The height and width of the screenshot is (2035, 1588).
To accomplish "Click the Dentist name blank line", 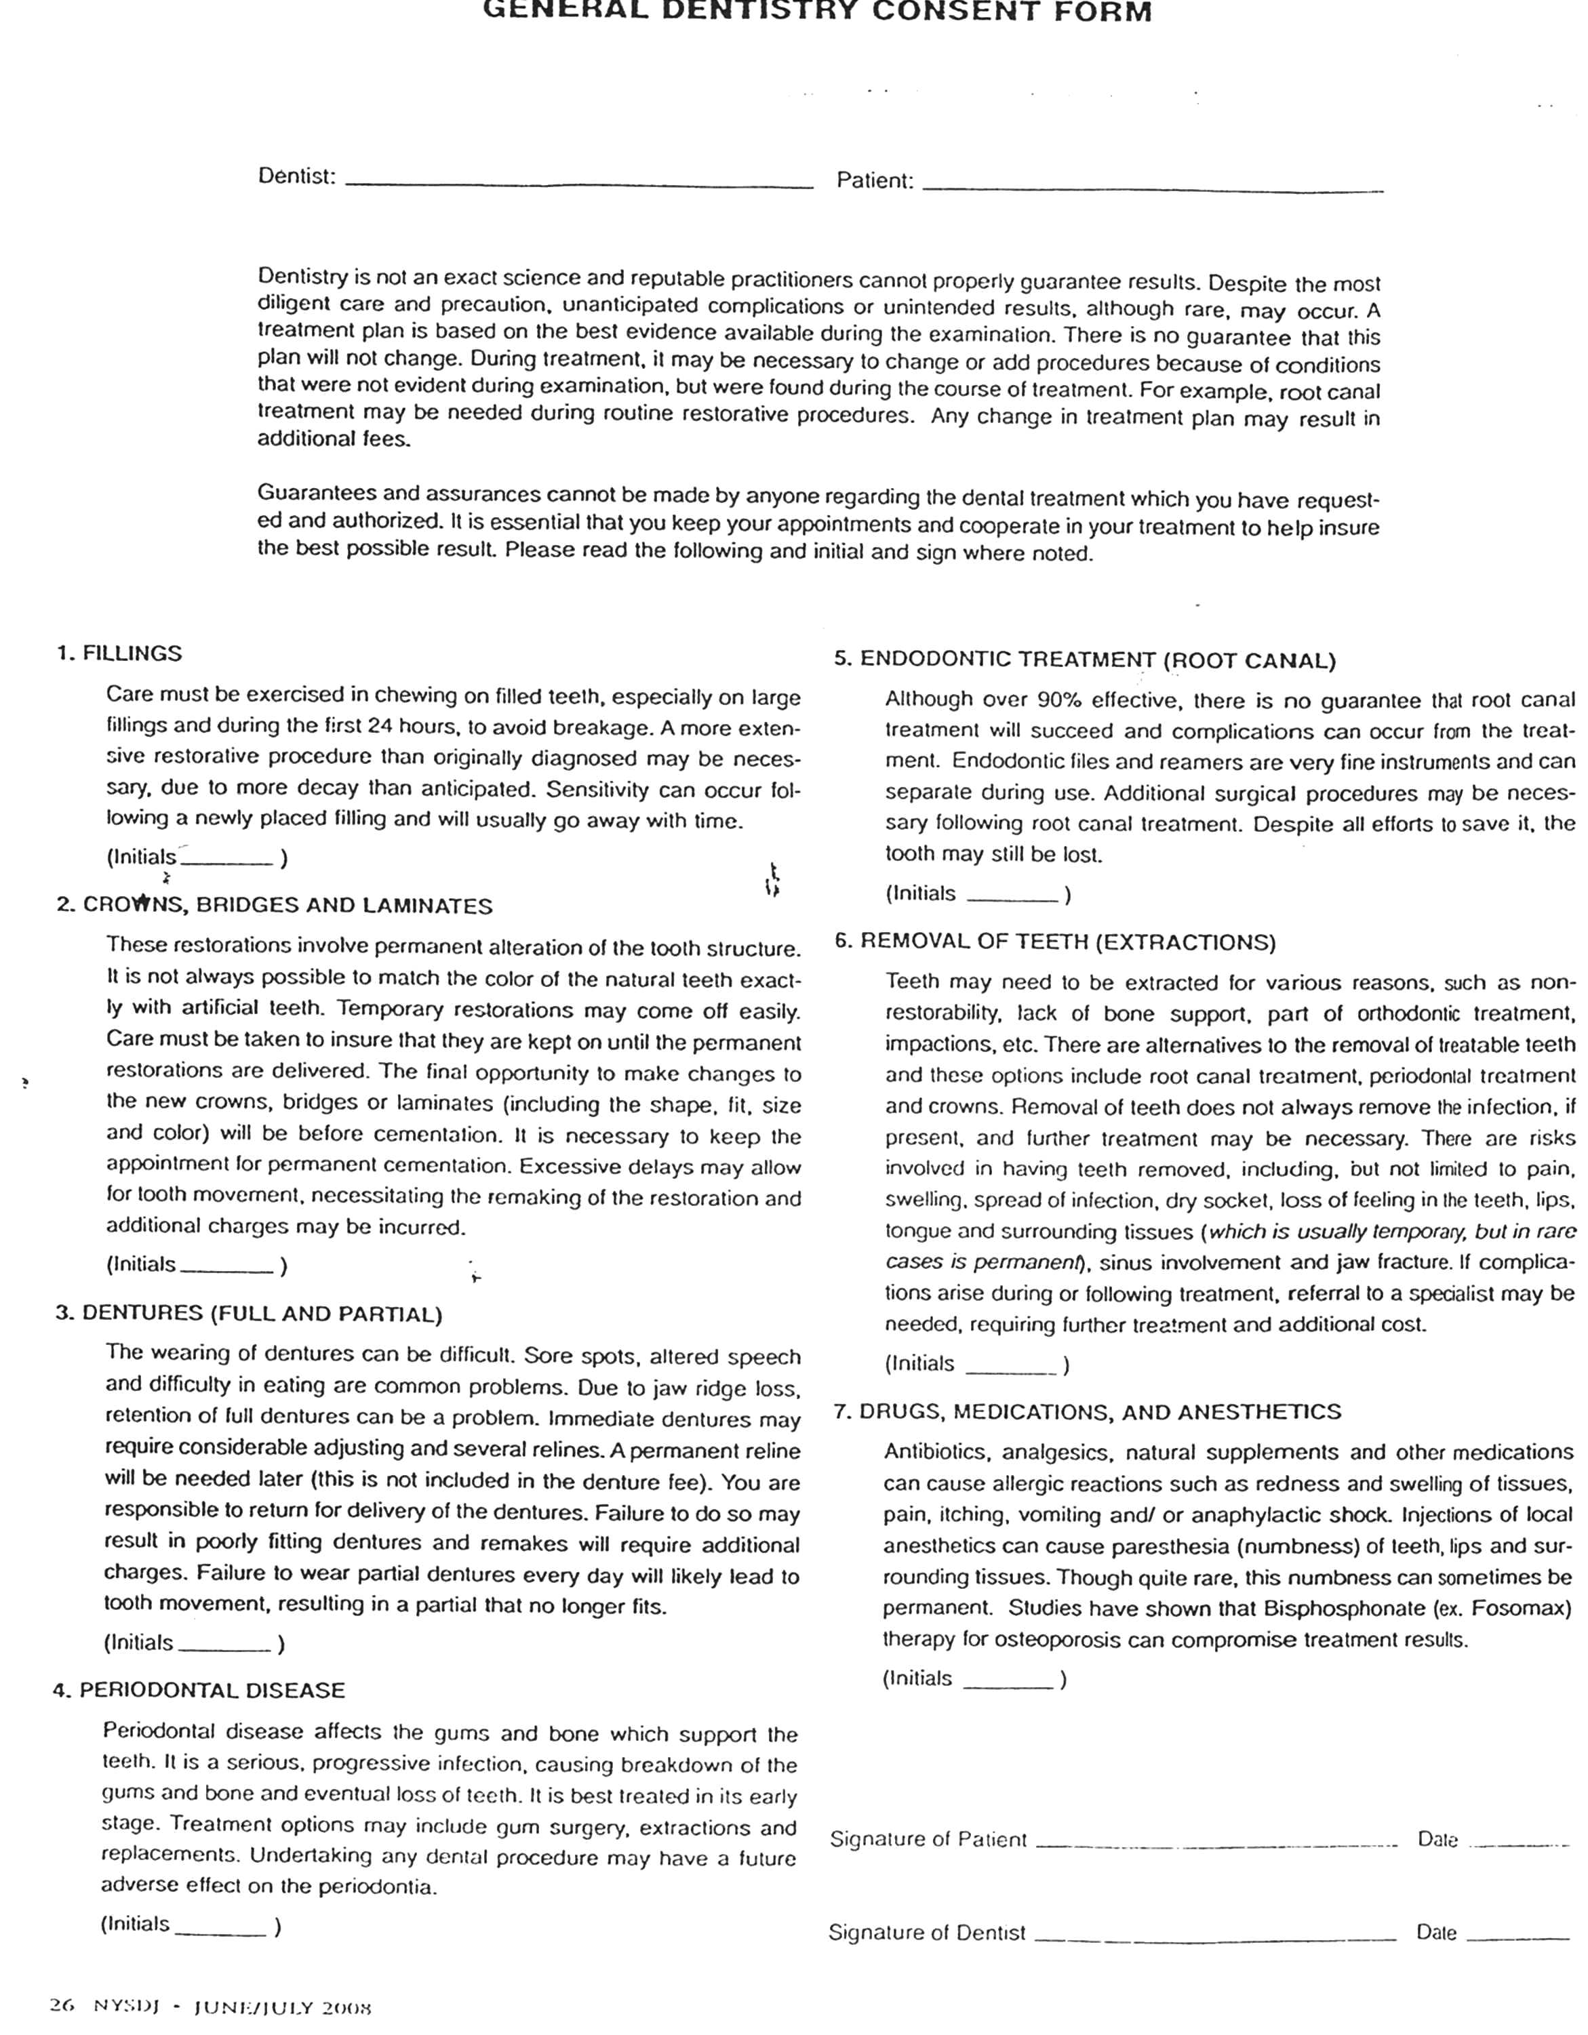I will click(578, 184).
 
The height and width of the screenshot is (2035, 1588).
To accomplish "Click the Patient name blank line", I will click(1152, 188).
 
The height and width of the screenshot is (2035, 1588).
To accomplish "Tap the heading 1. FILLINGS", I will click(119, 653).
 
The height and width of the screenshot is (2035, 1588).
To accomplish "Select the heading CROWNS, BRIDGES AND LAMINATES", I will click(287, 905).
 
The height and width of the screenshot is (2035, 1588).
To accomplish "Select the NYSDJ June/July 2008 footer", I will click(212, 2007).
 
